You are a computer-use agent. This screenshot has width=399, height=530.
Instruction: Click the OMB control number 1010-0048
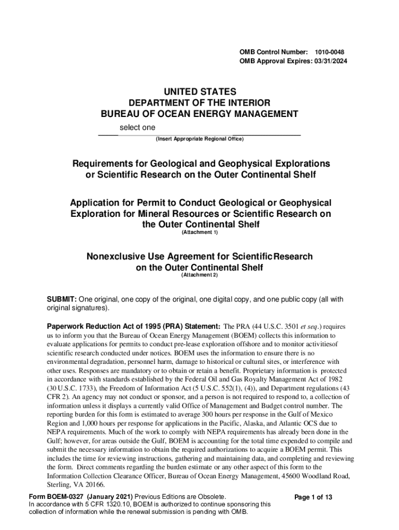pos(330,53)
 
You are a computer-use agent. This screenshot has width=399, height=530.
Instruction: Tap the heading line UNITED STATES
pos(199,92)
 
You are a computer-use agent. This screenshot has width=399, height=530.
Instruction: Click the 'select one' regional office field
pos(137,128)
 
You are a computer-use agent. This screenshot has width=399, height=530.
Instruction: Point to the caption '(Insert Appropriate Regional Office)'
pos(199,139)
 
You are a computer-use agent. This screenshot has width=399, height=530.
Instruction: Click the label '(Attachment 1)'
pos(199,232)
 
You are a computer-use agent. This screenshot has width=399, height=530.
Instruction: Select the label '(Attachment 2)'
pos(199,275)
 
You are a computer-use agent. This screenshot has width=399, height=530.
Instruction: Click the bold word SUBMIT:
pos(62,300)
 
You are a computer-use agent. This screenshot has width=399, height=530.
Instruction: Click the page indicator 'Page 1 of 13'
pos(313,497)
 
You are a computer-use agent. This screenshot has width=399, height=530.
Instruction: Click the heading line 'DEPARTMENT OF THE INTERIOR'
pos(199,103)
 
